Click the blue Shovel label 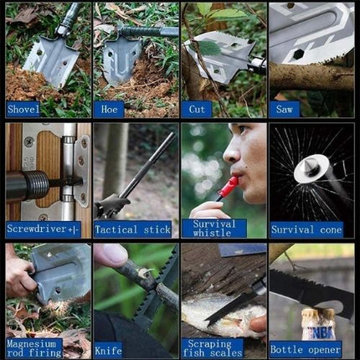[23, 109]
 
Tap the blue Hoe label [109, 109]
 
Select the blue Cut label [196, 109]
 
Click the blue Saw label [285, 109]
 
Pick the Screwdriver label [43, 229]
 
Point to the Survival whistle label [214, 229]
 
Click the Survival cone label [306, 229]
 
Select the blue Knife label [108, 349]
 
